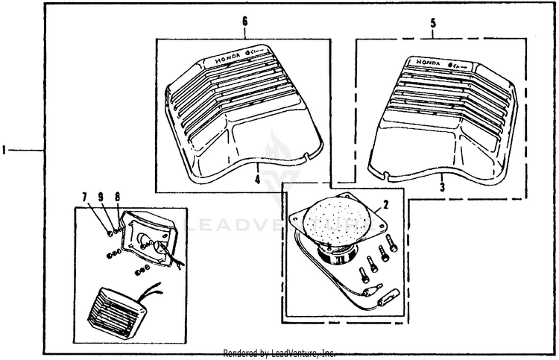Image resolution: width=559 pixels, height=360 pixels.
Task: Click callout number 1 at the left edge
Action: [4, 151]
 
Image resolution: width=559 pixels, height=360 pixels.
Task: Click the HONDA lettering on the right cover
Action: [427, 63]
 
